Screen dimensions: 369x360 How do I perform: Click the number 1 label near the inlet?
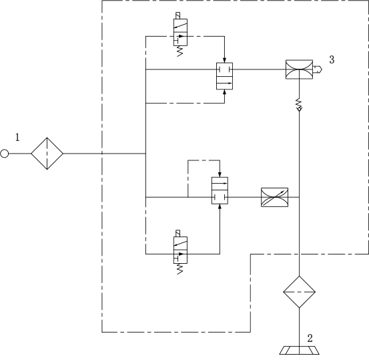tap(17, 138)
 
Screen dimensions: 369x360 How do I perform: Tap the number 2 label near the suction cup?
tap(310, 339)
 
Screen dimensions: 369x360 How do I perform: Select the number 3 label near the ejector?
tap(332, 59)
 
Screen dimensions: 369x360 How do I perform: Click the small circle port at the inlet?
tap(5, 154)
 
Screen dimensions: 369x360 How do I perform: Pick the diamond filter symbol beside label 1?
tap(47, 154)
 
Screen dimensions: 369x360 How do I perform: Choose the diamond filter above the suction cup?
tap(299, 292)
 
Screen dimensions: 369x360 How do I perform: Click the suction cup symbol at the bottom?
tap(299, 351)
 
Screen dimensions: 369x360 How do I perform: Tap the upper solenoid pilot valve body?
tap(181, 32)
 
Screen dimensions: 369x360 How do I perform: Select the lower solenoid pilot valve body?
tap(181, 250)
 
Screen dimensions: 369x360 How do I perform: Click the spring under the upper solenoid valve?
tap(179, 51)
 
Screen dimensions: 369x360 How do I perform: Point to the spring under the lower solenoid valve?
tap(179, 268)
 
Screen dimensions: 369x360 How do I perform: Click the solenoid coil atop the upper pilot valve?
tap(178, 16)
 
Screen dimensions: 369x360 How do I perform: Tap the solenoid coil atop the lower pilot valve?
tap(178, 234)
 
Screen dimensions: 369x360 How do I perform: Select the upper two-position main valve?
tap(224, 76)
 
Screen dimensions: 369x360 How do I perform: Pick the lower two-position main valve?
tap(220, 190)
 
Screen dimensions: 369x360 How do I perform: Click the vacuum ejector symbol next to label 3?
tap(299, 69)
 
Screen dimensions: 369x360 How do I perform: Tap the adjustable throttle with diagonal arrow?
tap(275, 197)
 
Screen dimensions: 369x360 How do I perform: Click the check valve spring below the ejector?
tap(299, 103)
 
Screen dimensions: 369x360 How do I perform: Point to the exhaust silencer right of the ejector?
tap(318, 69)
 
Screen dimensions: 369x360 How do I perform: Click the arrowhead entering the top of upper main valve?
tap(224, 60)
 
